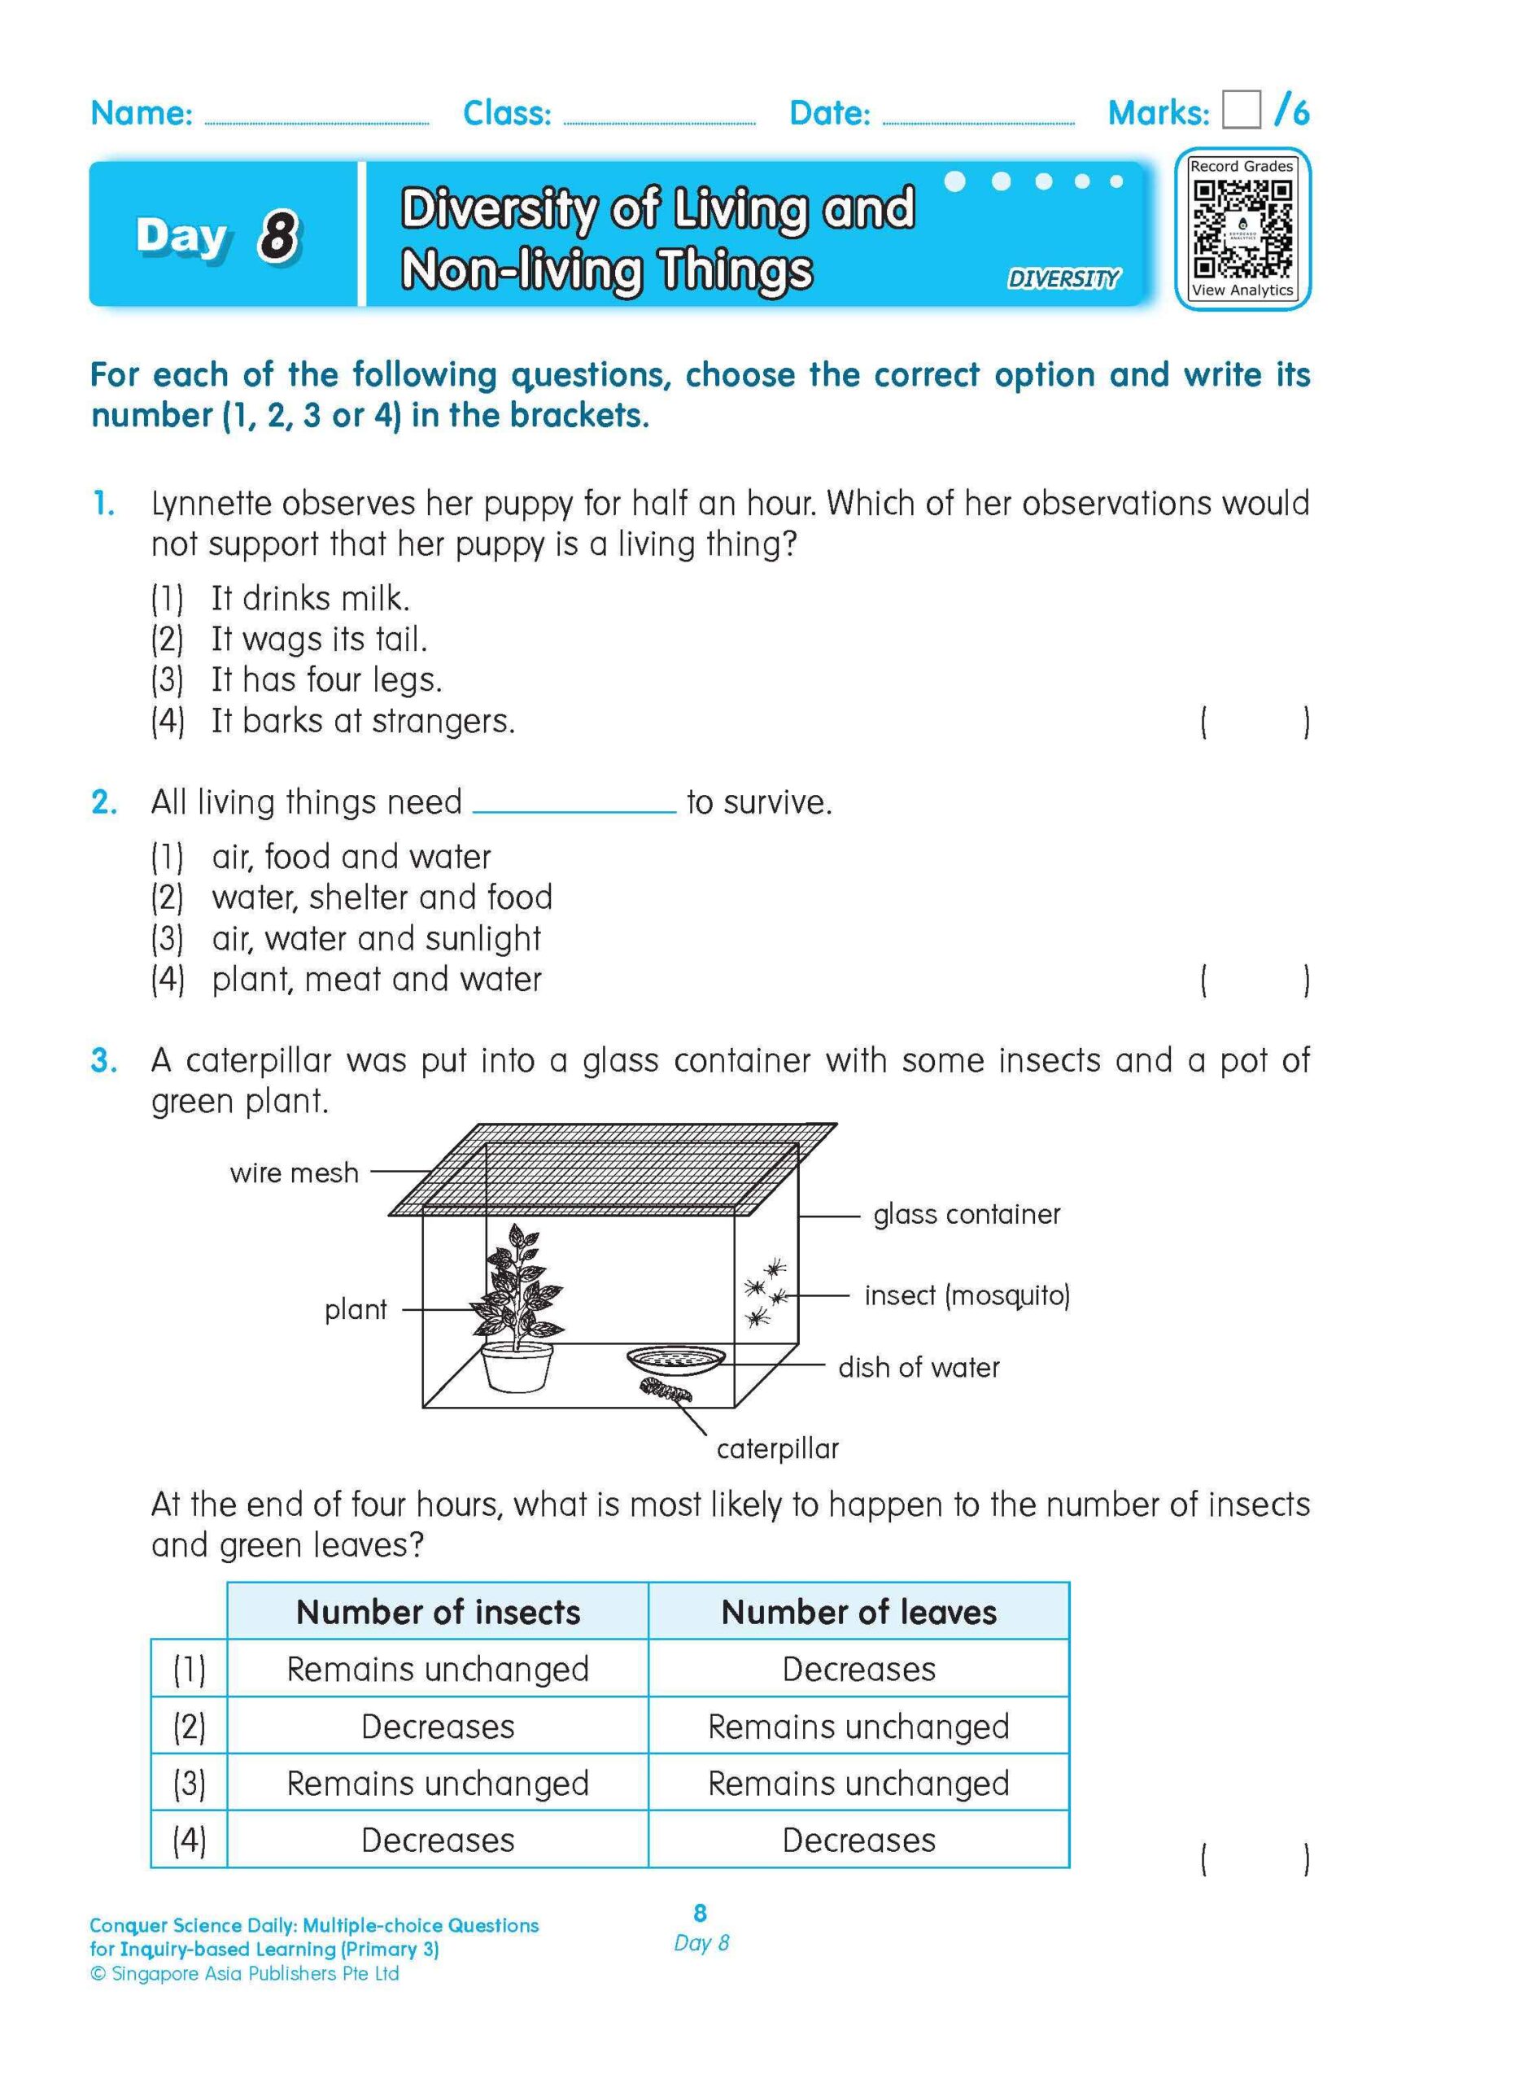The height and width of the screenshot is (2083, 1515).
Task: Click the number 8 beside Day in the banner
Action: click(277, 235)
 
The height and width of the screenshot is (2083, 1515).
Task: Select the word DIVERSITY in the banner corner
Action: click(1063, 278)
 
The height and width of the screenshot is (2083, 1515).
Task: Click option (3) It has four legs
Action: click(326, 679)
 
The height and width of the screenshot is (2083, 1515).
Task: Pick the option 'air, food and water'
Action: click(351, 857)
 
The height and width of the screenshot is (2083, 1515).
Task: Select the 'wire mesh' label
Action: click(294, 1173)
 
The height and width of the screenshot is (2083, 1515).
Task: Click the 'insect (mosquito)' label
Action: click(967, 1296)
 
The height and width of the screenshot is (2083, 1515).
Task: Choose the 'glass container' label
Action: click(966, 1214)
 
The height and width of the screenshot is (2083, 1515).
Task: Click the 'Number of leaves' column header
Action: click(858, 1612)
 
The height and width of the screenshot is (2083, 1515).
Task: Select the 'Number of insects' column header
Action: click(438, 1612)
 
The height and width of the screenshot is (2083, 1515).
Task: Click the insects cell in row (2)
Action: click(438, 1727)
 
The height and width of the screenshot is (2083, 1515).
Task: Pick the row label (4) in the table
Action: click(189, 1841)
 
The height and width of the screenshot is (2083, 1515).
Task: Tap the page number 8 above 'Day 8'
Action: click(700, 1913)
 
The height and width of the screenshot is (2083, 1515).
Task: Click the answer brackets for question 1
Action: click(1255, 723)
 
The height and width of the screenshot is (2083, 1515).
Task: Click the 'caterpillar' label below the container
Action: click(777, 1448)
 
